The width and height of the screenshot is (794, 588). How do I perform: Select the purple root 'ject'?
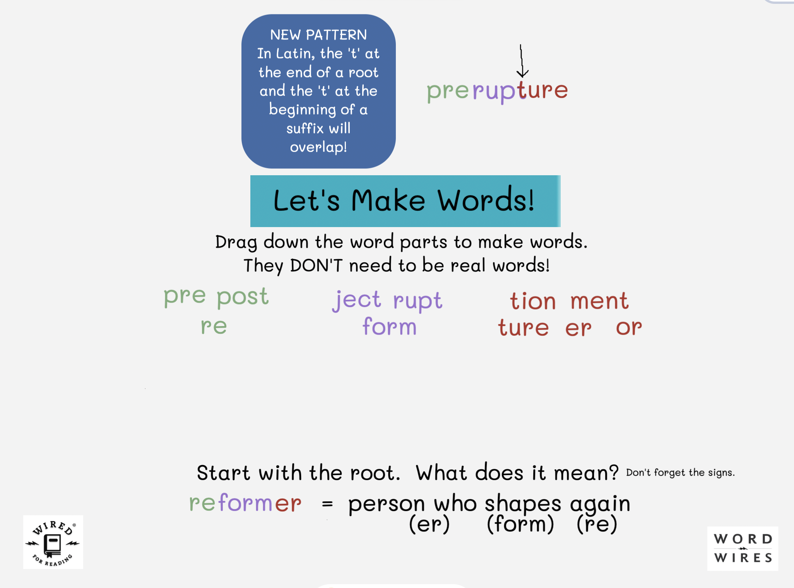pos(356,301)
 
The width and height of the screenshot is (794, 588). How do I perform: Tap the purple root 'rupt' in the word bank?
pos(418,301)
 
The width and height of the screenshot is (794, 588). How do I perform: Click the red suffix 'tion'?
pos(533,301)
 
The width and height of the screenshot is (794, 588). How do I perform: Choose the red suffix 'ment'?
pos(599,301)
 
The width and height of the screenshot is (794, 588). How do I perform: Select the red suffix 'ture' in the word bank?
pos(523,328)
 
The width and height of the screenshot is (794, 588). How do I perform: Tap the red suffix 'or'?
pos(629,328)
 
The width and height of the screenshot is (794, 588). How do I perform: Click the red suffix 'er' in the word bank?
pos(578,329)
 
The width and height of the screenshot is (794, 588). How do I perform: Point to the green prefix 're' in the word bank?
pos(214,326)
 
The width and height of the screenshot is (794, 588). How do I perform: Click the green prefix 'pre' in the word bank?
pos(185,297)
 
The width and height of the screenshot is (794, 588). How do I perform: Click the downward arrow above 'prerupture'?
pos(522,61)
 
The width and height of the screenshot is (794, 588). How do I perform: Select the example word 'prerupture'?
pos(497,91)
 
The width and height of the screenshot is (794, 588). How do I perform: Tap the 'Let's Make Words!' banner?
pos(405,201)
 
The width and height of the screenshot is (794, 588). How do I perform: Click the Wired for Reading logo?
pos(53,542)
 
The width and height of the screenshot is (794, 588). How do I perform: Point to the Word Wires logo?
pos(743,549)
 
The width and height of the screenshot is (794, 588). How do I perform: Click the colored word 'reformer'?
pos(245,503)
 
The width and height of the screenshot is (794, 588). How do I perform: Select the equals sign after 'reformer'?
pos(327,504)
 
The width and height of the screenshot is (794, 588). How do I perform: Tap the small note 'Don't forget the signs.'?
pos(680,473)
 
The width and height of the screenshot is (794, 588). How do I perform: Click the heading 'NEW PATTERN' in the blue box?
pos(318,35)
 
